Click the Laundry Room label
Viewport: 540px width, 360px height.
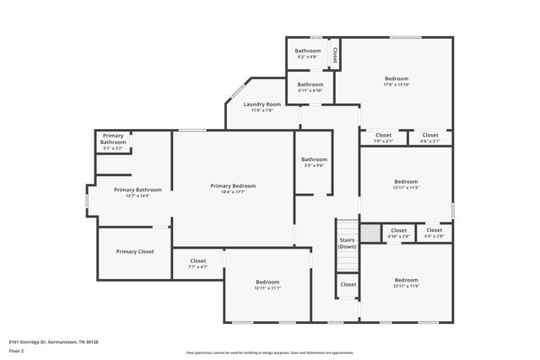(262, 104)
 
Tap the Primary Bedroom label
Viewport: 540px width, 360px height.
(233, 185)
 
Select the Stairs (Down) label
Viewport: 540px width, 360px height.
(348, 243)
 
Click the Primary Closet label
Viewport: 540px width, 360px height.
(135, 251)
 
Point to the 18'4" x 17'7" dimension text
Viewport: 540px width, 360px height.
(233, 192)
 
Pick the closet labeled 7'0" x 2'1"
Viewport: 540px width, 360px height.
(383, 137)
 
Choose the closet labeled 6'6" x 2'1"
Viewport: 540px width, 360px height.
(430, 137)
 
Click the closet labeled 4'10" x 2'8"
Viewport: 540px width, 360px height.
(398, 234)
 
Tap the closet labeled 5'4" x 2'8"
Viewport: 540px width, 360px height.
(435, 234)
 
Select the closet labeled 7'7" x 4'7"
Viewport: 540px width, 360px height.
(198, 264)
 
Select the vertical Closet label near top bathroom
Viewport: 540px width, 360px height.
(335, 55)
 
